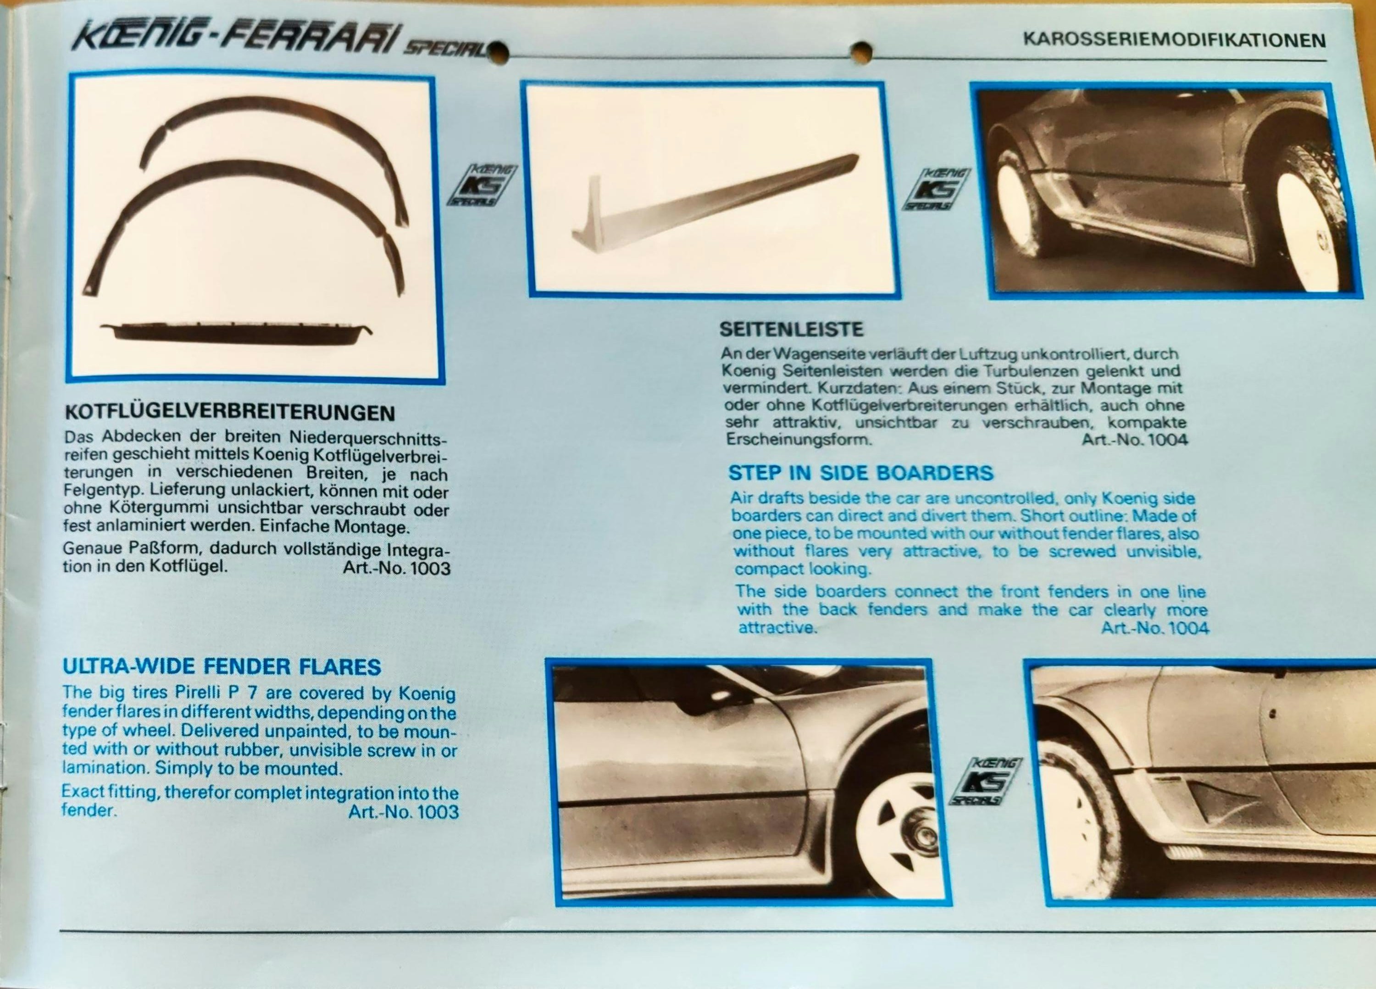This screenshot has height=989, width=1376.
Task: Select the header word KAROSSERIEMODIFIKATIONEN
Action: click(1175, 40)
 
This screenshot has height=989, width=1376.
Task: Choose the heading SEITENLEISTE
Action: click(791, 329)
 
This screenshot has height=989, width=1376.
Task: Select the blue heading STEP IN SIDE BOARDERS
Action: click(861, 472)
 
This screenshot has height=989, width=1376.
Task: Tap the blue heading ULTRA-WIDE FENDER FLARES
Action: click(222, 666)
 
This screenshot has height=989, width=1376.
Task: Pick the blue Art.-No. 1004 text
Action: click(1154, 628)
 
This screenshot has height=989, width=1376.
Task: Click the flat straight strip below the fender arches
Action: click(237, 333)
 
